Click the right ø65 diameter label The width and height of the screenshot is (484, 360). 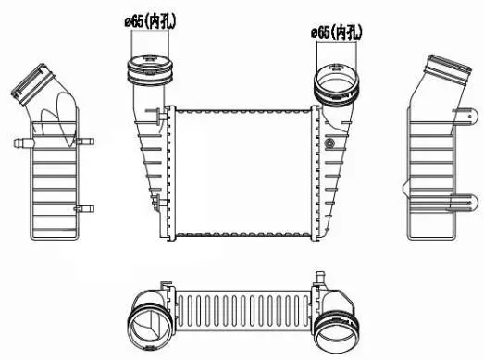335,32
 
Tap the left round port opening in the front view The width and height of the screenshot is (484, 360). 148,67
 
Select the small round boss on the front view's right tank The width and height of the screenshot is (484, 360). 329,144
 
